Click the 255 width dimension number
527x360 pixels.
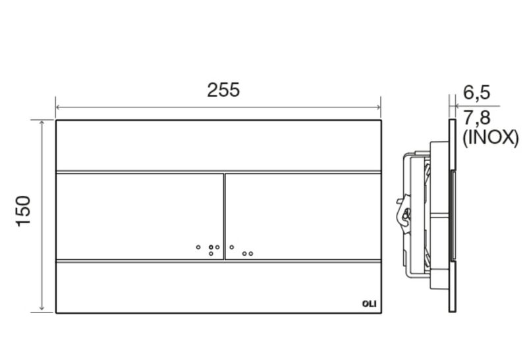coord(223,90)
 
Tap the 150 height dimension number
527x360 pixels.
coord(23,210)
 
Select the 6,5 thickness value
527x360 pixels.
coord(476,92)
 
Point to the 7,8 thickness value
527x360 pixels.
coord(476,118)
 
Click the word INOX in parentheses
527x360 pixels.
coord(491,137)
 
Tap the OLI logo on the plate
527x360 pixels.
coord(369,304)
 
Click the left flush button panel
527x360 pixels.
coord(140,216)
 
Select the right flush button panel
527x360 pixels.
coord(303,216)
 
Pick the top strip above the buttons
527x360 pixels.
coord(219,145)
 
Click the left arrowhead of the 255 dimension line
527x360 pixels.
coord(58,107)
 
